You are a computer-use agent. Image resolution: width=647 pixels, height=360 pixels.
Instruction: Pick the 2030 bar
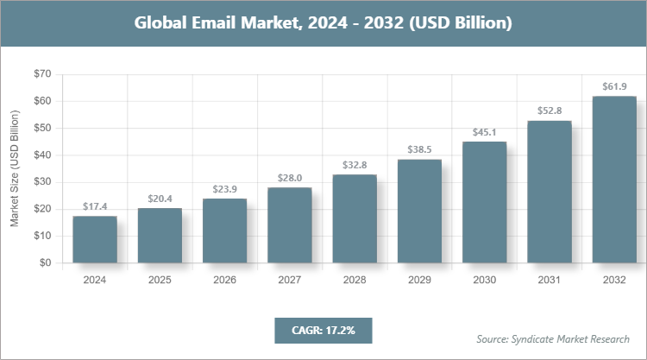(x=484, y=202)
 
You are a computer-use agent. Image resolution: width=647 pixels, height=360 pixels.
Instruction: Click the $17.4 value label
(x=95, y=207)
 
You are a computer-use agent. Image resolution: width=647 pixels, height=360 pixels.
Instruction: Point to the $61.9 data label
(x=613, y=87)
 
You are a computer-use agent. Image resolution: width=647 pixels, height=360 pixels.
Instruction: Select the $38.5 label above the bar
(x=419, y=150)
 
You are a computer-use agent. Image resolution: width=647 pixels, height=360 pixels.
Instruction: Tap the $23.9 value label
(x=224, y=189)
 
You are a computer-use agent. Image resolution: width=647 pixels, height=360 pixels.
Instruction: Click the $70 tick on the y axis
(x=41, y=74)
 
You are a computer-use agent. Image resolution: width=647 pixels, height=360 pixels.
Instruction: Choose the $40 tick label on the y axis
(x=41, y=155)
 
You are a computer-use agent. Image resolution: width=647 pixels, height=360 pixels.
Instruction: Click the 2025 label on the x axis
(x=160, y=281)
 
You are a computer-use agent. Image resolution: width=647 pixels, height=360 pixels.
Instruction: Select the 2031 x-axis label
(x=549, y=281)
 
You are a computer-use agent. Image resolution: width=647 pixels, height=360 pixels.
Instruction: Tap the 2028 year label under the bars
(x=354, y=281)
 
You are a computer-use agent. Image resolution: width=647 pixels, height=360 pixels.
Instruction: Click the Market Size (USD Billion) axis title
(x=15, y=168)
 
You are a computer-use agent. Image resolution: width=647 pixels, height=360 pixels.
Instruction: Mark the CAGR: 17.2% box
(x=323, y=330)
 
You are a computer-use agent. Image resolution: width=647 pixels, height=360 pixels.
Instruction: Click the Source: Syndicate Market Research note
(x=553, y=338)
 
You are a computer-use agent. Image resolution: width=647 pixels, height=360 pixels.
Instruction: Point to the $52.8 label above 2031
(x=549, y=111)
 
